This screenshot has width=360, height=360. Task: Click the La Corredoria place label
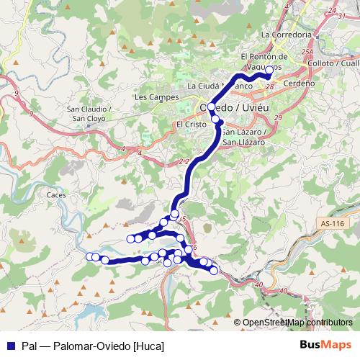[x=287, y=34]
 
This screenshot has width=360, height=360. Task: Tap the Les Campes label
[x=151, y=96]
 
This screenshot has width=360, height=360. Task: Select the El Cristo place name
[x=191, y=123]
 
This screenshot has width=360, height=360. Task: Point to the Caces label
[x=55, y=194]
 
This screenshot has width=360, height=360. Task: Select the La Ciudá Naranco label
[x=220, y=86]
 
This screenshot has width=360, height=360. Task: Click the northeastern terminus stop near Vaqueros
[x=269, y=70]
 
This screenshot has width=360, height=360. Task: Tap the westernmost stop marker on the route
[x=90, y=256]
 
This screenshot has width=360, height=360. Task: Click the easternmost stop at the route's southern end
[x=214, y=270]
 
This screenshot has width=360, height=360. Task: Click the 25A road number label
[x=307, y=53]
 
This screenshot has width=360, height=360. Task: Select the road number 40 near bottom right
[x=283, y=291]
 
